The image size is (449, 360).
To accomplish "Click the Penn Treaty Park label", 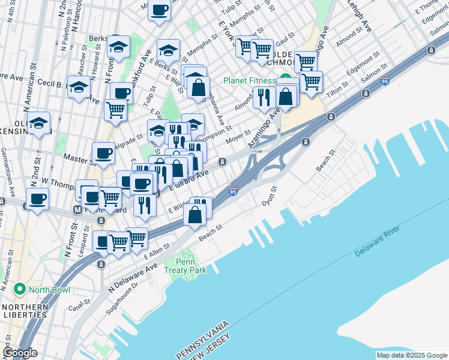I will [191, 266].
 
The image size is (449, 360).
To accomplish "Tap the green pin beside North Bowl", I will [19, 290].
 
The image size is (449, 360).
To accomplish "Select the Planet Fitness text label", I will [248, 81].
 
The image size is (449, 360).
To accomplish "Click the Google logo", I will [20, 352].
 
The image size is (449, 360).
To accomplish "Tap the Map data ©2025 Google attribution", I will [412, 355].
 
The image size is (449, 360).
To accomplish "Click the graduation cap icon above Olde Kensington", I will [38, 124].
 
